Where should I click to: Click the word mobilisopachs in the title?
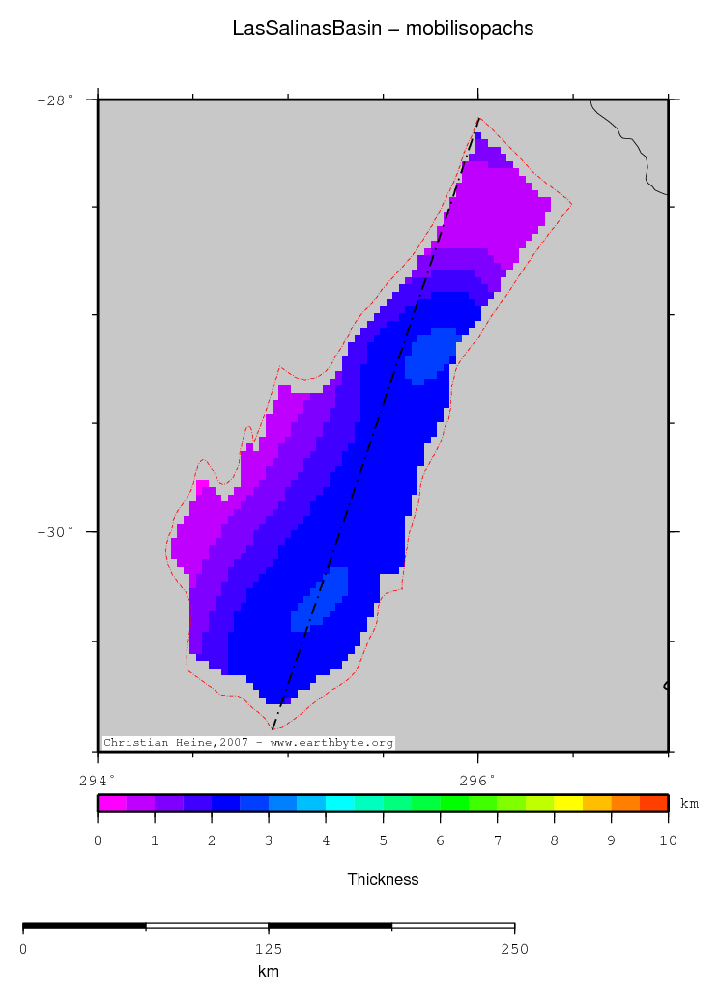[470, 29]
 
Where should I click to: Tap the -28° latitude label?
[54, 100]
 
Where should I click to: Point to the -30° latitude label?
[54, 532]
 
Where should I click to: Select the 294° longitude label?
[97, 780]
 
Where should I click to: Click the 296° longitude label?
[477, 780]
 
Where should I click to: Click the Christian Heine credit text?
[248, 743]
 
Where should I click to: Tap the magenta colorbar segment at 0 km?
[112, 802]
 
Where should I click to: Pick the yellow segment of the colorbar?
[568, 802]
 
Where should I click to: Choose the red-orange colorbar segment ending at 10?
[653, 802]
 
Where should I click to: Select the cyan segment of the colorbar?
[340, 802]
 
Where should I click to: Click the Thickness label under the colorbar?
[383, 879]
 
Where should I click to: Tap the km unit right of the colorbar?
[689, 803]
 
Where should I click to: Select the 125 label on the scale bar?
[269, 949]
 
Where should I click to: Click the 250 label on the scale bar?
[514, 949]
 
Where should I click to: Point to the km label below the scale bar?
[269, 971]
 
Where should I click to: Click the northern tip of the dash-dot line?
[478, 119]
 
